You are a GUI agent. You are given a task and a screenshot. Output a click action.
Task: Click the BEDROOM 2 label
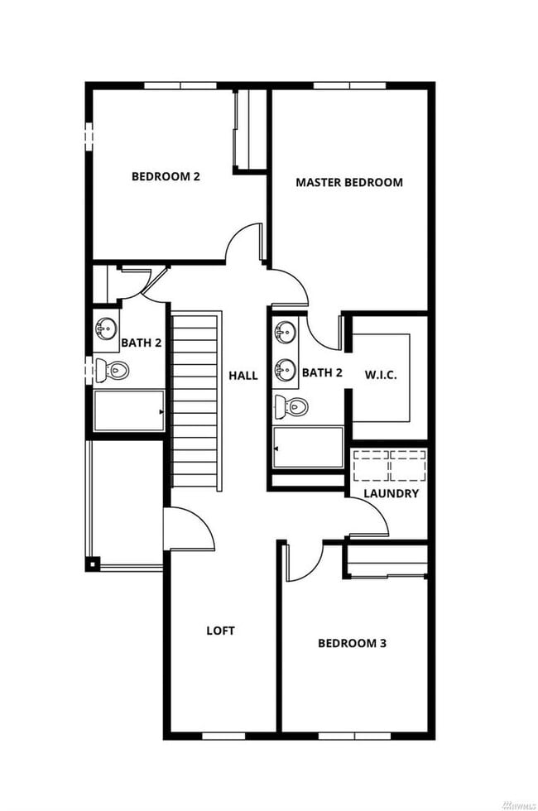(166, 176)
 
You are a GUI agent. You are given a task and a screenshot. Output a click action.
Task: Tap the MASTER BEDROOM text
(349, 182)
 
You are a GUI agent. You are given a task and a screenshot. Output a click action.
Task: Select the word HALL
(243, 376)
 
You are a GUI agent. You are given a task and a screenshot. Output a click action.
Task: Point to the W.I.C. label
(382, 374)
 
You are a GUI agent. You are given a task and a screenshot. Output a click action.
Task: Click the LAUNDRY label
(391, 493)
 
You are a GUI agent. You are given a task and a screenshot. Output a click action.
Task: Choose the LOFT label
(220, 631)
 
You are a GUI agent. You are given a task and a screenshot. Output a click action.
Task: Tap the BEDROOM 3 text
(352, 643)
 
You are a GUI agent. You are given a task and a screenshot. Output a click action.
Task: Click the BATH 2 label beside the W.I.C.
(322, 373)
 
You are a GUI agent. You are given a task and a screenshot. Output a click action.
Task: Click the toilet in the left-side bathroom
(111, 370)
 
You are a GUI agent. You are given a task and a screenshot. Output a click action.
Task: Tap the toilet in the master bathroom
(291, 406)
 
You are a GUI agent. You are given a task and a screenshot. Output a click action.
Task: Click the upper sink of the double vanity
(286, 334)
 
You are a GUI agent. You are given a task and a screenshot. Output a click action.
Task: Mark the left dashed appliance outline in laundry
(370, 466)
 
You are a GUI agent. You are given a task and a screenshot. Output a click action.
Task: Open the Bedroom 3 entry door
(303, 563)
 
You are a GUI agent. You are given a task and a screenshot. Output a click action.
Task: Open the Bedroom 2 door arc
(245, 244)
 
